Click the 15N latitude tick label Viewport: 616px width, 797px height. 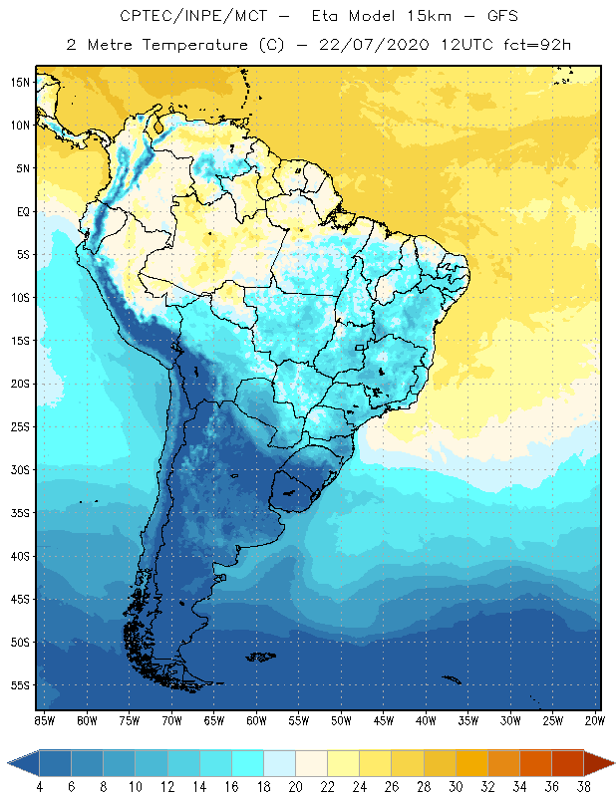tap(19, 83)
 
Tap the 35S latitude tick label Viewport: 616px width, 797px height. tap(19, 513)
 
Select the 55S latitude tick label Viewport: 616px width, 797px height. tap(19, 685)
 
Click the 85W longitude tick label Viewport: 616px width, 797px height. tap(44, 720)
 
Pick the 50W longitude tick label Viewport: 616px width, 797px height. tap(342, 720)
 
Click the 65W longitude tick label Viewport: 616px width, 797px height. tap(214, 720)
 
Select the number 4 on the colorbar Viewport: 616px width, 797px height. tap(40, 787)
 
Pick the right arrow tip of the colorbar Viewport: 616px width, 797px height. tap(613, 763)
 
